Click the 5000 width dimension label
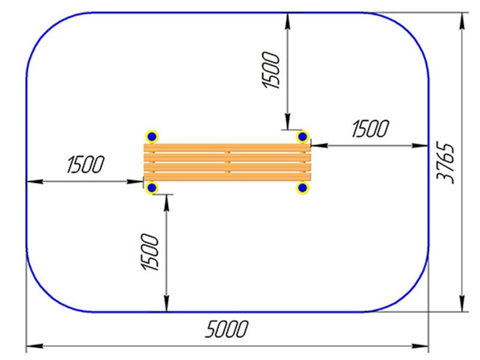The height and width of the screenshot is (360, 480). pos(226,329)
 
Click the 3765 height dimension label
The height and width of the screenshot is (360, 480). pos(445,163)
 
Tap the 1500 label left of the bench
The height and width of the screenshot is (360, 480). pos(85,164)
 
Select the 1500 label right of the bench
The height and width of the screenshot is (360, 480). pos(370,128)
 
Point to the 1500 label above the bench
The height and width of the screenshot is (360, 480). pos(271,70)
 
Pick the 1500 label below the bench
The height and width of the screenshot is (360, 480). pos(150,252)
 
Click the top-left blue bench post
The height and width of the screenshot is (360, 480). pos(152,137)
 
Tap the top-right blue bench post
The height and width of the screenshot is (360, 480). pos(302,137)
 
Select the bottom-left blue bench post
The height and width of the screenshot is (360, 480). pos(152,188)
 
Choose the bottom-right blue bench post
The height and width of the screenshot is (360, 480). pos(302,188)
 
